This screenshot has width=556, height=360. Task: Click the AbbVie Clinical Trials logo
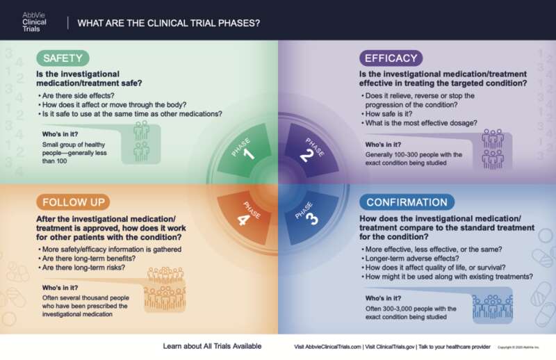coord(34,22)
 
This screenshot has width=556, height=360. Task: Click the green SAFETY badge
coord(63,58)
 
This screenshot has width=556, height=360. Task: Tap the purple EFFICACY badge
coord(391,58)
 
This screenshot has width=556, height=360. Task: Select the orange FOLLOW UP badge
coord(73,202)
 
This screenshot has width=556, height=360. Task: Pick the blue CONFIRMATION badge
coord(407,202)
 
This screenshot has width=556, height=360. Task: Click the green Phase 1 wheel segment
coord(245,151)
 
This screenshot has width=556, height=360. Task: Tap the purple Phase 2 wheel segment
coord(311,151)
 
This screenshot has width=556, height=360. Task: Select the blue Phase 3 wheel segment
coord(310,216)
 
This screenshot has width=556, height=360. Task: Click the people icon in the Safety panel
coord(142,141)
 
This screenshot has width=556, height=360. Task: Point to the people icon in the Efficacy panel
coord(493,149)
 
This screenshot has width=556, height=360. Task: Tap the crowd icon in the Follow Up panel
coord(165,289)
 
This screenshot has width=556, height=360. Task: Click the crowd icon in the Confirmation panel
coord(493,306)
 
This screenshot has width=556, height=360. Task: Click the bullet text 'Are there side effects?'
coord(78,96)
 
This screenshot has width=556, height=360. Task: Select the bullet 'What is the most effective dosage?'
coord(421,123)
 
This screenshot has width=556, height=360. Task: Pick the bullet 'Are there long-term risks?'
coord(83,268)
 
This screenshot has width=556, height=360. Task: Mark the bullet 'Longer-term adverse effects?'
coord(411,259)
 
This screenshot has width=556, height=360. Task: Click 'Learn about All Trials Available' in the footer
coord(212,346)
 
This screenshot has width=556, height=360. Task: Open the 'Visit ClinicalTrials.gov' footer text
coord(390,347)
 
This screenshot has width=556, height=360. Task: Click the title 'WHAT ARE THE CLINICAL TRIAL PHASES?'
coord(169,23)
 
